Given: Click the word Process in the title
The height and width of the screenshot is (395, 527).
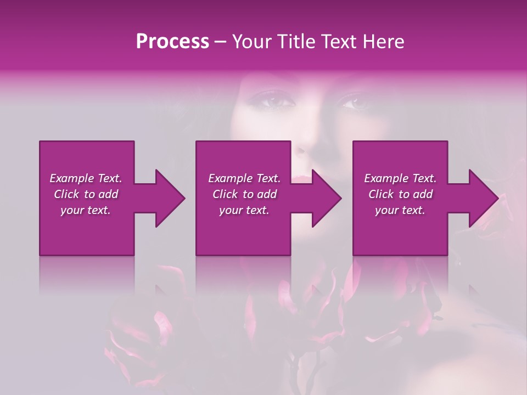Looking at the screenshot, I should (x=172, y=42).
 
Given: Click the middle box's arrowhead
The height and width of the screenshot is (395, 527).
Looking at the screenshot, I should (x=326, y=198).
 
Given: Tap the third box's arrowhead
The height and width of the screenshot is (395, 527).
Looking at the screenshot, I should (x=483, y=198).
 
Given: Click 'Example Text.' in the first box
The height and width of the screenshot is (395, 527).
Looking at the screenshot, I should (x=86, y=178).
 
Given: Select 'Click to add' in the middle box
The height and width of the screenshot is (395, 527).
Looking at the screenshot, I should (x=244, y=194).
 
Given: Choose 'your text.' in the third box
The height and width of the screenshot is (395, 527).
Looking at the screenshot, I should (x=400, y=210).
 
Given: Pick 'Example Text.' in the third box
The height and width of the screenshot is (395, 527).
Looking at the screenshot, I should (x=400, y=178).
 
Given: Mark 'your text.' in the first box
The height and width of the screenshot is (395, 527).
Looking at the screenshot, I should (x=86, y=210).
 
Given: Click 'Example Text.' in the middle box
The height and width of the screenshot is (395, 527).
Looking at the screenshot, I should (x=244, y=178).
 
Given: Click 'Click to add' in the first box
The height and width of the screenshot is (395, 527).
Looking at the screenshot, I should (x=86, y=194).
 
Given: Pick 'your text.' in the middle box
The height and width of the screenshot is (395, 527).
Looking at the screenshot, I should (x=244, y=210).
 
